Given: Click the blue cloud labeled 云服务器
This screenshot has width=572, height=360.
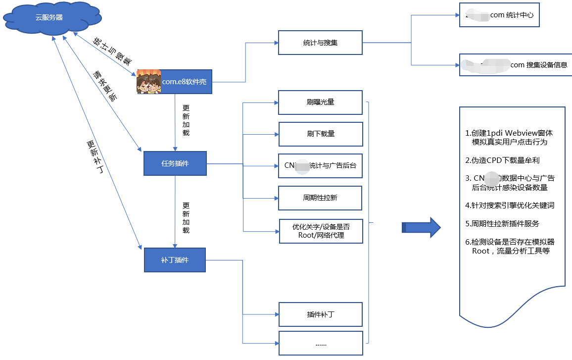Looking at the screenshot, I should (x=52, y=18).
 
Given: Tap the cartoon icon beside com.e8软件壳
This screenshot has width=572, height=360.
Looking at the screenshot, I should (x=149, y=82).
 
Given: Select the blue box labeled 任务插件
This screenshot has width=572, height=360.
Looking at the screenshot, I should (x=175, y=163).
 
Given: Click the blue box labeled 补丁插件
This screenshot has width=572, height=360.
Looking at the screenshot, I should (x=175, y=259).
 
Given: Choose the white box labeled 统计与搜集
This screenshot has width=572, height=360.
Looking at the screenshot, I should (x=320, y=43).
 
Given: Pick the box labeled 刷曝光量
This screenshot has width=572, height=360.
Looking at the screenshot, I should (x=320, y=103).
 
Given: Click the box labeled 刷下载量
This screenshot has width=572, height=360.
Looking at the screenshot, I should (x=320, y=134).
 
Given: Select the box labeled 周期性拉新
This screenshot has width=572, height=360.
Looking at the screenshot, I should (x=320, y=198).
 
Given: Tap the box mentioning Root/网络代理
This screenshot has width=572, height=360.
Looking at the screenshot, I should (x=321, y=231).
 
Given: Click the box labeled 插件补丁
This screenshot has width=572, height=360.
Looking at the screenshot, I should (x=320, y=314).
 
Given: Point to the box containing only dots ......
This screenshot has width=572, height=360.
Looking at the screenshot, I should (x=320, y=343).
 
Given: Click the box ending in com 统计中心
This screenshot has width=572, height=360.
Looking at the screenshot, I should (x=499, y=15).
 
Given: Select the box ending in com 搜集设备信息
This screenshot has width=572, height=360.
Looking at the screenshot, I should (x=515, y=65).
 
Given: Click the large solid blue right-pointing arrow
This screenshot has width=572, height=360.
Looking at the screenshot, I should (x=421, y=228).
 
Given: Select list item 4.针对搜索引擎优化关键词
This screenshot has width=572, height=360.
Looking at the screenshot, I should (x=510, y=205).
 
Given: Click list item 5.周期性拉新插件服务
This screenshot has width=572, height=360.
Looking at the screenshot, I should (x=502, y=223).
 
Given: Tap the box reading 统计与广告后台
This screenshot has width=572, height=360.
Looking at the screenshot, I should (x=320, y=165).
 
